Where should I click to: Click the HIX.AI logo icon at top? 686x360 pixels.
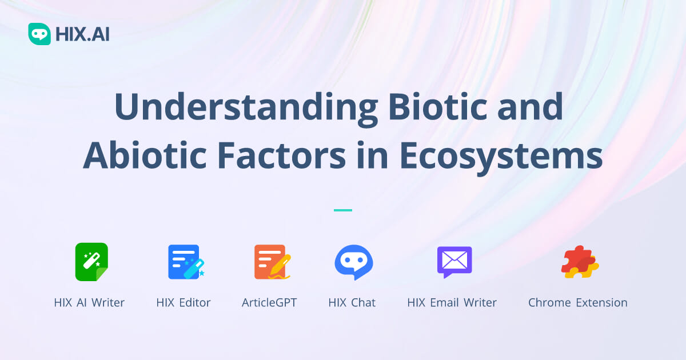coord(39,34)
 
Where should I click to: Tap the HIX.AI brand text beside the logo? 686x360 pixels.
coord(82,35)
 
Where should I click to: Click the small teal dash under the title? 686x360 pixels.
coord(343,210)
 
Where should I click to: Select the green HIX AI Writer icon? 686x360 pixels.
coord(91,262)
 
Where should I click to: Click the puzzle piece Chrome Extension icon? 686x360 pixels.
coord(579,262)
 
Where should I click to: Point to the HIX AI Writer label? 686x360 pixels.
coord(89,302)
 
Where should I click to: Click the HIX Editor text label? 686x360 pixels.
coord(184,302)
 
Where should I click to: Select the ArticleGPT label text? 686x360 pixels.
coord(269,302)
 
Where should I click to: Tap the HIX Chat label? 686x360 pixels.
coord(352,302)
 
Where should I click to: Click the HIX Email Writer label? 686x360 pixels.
coord(452,302)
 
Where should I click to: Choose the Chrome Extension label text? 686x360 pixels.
coord(577,302)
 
